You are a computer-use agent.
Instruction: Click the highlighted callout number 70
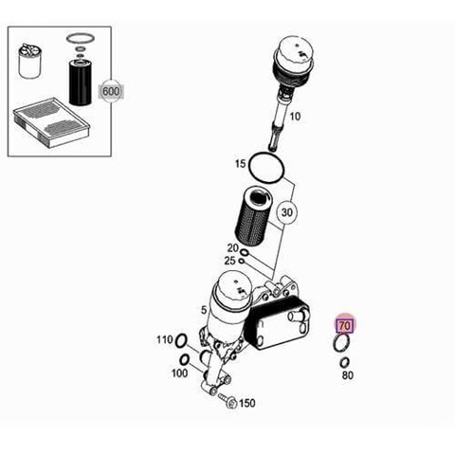(x=345, y=325)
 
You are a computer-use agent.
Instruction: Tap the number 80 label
(x=347, y=375)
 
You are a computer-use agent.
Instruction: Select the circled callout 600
(x=111, y=92)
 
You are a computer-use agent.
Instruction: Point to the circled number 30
(x=286, y=212)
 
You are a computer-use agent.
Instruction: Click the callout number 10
(x=295, y=117)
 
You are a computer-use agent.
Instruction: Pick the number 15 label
(x=240, y=164)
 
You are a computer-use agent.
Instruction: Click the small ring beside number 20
(x=245, y=252)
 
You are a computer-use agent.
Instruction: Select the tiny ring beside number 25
(x=242, y=261)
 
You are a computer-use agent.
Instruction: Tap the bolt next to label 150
(x=227, y=400)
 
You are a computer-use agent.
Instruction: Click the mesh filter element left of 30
(x=254, y=216)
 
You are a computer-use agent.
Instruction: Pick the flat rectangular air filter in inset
(x=51, y=122)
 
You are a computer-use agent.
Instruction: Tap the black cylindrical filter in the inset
(x=80, y=82)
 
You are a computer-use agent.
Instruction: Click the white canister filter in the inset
(x=29, y=61)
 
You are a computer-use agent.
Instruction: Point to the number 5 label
(x=204, y=310)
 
